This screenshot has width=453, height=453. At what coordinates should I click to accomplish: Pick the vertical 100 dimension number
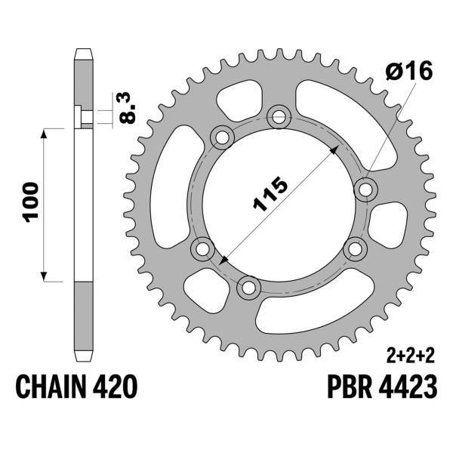(29, 202)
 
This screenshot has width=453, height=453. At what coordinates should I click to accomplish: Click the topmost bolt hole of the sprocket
(280, 116)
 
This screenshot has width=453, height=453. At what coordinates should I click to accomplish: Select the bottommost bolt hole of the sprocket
(247, 287)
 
